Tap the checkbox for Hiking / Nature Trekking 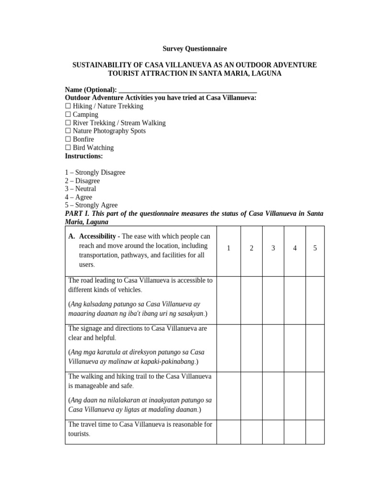[68, 106]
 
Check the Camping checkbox [68, 114]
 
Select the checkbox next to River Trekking [68, 123]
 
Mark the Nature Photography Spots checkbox [68, 131]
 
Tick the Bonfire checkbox [68, 139]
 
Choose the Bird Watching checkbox [68, 148]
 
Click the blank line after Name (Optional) [187, 90]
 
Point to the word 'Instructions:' [84, 156]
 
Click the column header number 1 [229, 248]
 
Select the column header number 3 [273, 248]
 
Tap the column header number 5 [315, 248]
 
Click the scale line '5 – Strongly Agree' [91, 205]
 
